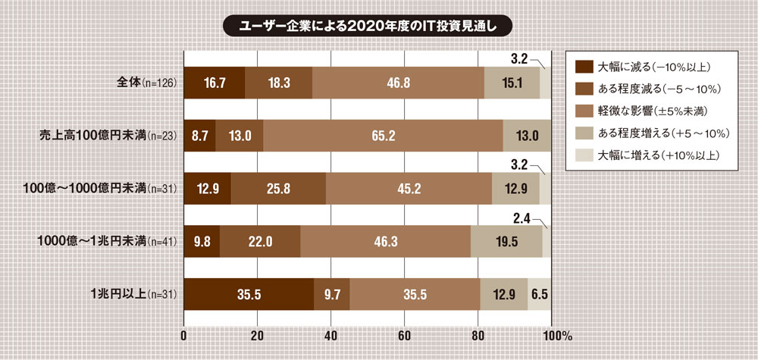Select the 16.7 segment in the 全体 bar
(x=215, y=83)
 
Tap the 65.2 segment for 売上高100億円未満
(x=383, y=136)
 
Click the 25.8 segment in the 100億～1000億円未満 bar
(x=278, y=189)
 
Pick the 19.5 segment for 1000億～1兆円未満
(x=506, y=242)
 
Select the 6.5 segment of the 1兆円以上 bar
(x=539, y=294)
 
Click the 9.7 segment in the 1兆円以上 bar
(x=332, y=294)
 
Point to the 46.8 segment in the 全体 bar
(x=398, y=83)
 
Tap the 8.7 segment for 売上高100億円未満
(x=200, y=136)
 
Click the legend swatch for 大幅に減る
(x=584, y=65)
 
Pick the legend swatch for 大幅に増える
(x=584, y=156)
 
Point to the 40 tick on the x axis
(x=330, y=334)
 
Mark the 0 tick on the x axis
(x=184, y=334)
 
